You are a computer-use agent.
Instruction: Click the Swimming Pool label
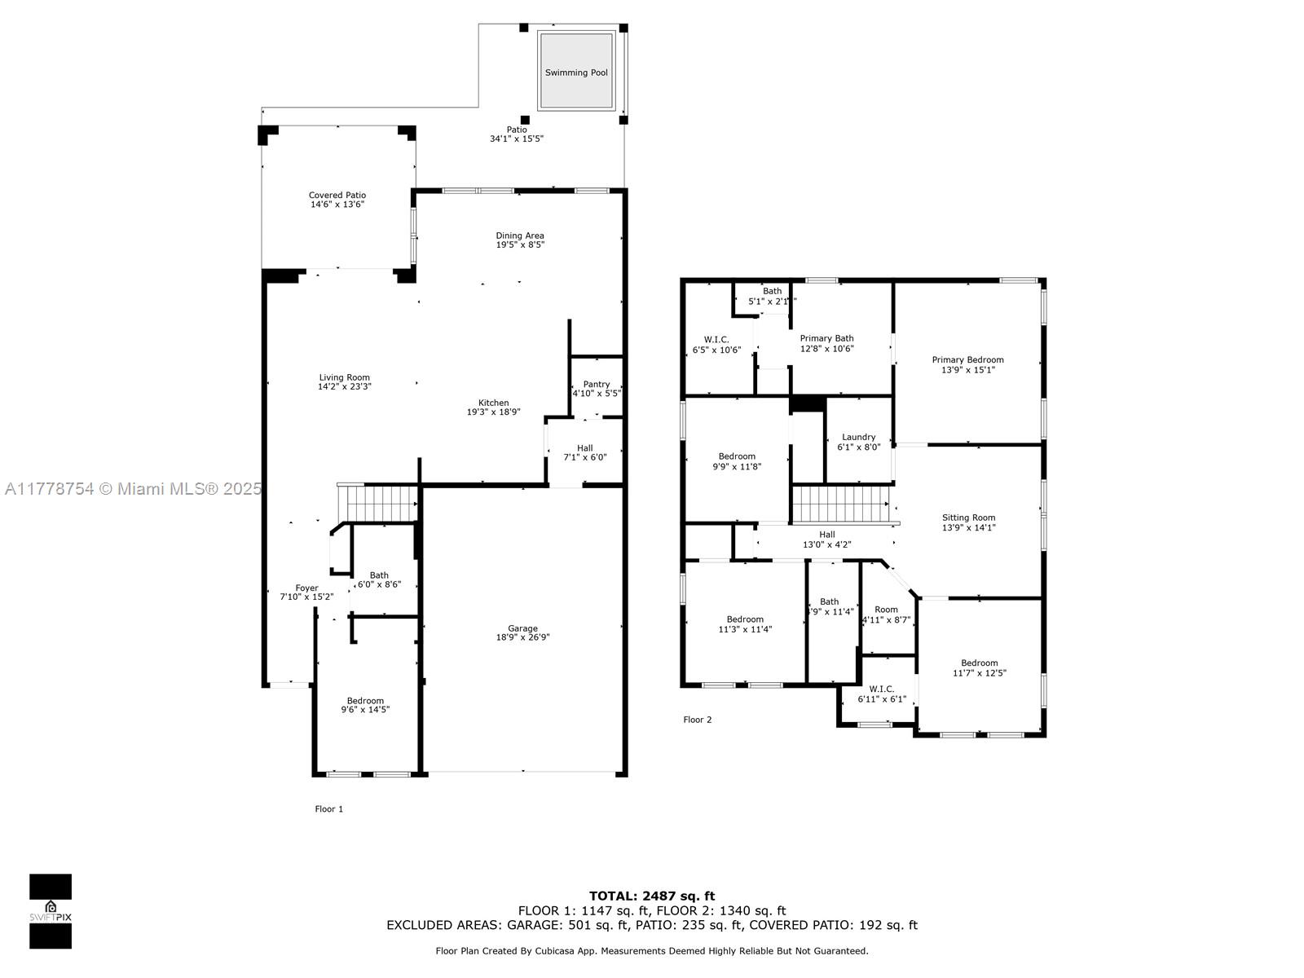576,73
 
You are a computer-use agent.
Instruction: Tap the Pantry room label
597,385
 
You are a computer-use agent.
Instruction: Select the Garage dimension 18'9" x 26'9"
522,638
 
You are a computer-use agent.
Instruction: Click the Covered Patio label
337,195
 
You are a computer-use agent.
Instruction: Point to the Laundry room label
859,437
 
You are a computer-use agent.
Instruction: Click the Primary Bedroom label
967,359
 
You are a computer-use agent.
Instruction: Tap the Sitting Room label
968,518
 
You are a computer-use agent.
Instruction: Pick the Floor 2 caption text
698,720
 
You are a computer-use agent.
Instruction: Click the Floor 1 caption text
329,809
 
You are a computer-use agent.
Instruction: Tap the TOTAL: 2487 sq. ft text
652,896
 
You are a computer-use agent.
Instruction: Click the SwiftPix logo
51,911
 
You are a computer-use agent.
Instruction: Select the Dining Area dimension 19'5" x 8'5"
520,245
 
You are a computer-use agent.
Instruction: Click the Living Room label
344,377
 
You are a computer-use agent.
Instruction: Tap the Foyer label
306,588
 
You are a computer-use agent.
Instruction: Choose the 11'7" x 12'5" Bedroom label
979,663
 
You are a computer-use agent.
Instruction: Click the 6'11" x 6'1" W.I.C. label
881,689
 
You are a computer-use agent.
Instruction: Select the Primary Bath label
826,338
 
